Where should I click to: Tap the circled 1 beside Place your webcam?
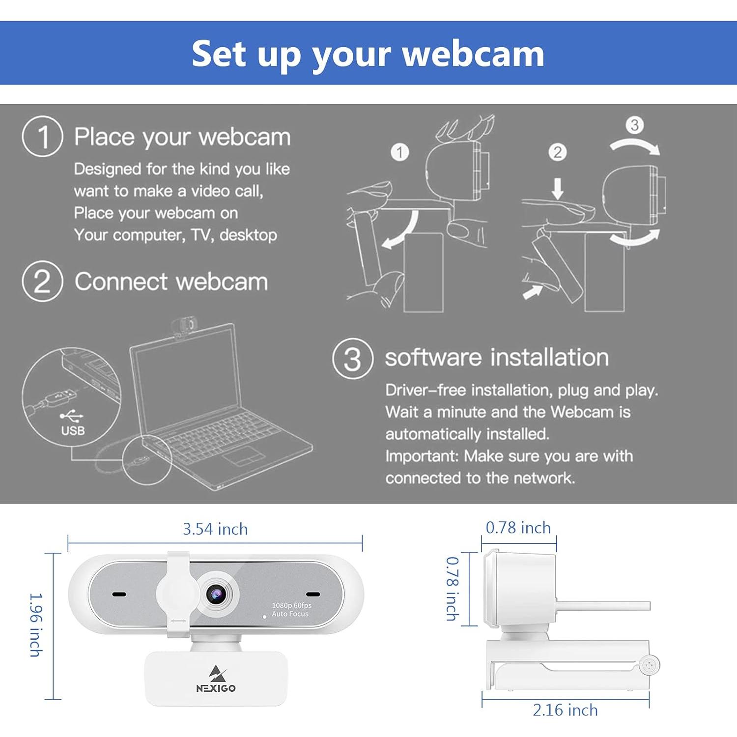coord(43,137)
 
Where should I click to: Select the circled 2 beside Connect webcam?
coord(42,282)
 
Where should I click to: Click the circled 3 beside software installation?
coord(352,358)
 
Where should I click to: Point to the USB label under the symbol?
coord(73,431)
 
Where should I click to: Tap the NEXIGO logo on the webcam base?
coord(216,680)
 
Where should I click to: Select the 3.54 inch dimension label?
coord(215,529)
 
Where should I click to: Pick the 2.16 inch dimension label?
coord(565,710)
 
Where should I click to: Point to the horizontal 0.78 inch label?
coord(518,528)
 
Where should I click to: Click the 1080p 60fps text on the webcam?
coord(291,605)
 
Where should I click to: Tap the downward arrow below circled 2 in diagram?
coord(557,188)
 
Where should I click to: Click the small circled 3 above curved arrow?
coord(634,125)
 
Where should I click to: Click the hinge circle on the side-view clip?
coord(650,665)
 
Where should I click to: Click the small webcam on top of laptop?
coord(184,326)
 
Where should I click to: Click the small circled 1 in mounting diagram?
coord(399,152)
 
